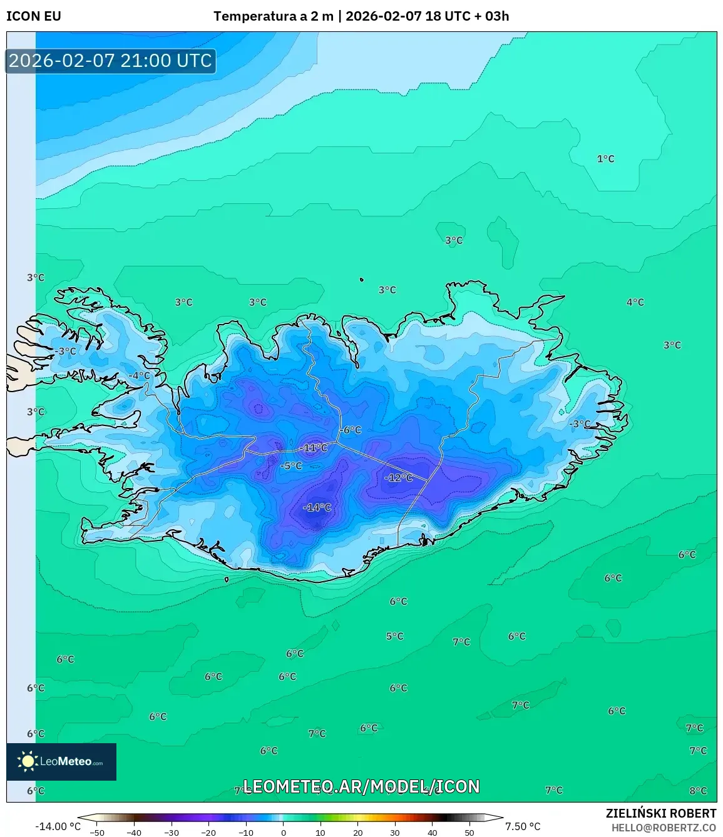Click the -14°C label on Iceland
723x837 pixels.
click(317, 507)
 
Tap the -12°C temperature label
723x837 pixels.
click(399, 477)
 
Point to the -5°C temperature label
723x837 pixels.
click(291, 466)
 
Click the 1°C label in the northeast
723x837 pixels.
click(605, 159)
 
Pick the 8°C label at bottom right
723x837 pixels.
click(698, 791)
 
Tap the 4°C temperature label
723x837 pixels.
click(635, 302)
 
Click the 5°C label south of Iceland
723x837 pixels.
click(394, 636)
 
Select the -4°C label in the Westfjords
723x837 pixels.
click(139, 376)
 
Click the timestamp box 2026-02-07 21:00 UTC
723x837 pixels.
click(111, 61)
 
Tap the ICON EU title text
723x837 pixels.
click(34, 16)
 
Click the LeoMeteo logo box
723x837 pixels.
click(61, 761)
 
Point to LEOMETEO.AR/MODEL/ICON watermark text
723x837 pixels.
click(361, 786)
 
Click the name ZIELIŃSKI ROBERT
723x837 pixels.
click(660, 813)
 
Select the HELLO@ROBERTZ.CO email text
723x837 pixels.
click(664, 827)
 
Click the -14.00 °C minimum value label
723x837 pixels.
click(58, 826)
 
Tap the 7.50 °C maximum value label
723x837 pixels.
click(523, 826)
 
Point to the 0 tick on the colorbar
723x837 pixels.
click(283, 832)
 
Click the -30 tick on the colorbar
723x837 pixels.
click(172, 832)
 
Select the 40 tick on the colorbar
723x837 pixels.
click(432, 832)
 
